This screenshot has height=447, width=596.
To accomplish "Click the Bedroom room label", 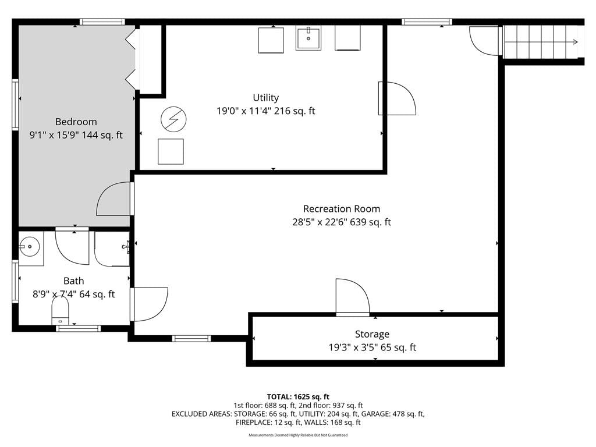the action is pyautogui.click(x=76, y=122).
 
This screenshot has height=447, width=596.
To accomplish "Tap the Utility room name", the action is pyautogui.click(x=265, y=98).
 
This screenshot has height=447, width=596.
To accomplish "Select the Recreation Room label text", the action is pyautogui.click(x=341, y=209).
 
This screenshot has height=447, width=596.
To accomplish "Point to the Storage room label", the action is pyautogui.click(x=372, y=334).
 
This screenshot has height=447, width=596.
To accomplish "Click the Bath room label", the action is pyautogui.click(x=74, y=281).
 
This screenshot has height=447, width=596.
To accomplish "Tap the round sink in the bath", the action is pyautogui.click(x=30, y=247).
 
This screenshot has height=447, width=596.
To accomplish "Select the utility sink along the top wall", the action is pyautogui.click(x=308, y=38).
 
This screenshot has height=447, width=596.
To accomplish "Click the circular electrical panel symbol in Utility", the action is pyautogui.click(x=173, y=119).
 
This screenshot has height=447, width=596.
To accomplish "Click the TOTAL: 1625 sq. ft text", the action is pyautogui.click(x=298, y=397).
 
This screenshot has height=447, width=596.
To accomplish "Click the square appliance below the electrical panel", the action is pyautogui.click(x=171, y=152).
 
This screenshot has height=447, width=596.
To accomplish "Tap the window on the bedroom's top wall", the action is pyautogui.click(x=102, y=22).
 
